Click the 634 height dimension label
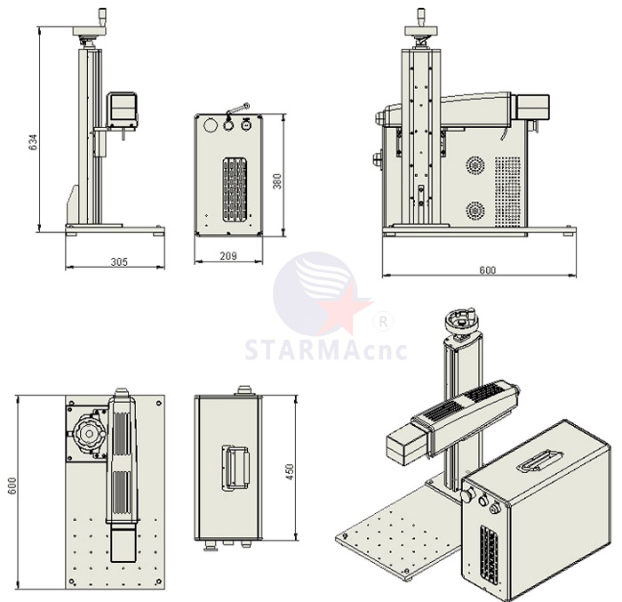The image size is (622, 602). pos(34,142)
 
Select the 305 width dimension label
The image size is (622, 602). pos(119,261)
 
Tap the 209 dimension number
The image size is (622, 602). pos(228,256)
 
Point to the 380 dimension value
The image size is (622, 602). pos(277,181)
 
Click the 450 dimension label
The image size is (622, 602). pos(290,472)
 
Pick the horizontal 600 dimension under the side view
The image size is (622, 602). pos(488,270)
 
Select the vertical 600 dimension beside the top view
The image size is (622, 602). pos(12,486)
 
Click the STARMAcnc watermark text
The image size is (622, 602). pos(326,349)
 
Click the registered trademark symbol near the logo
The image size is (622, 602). pos(383,322)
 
